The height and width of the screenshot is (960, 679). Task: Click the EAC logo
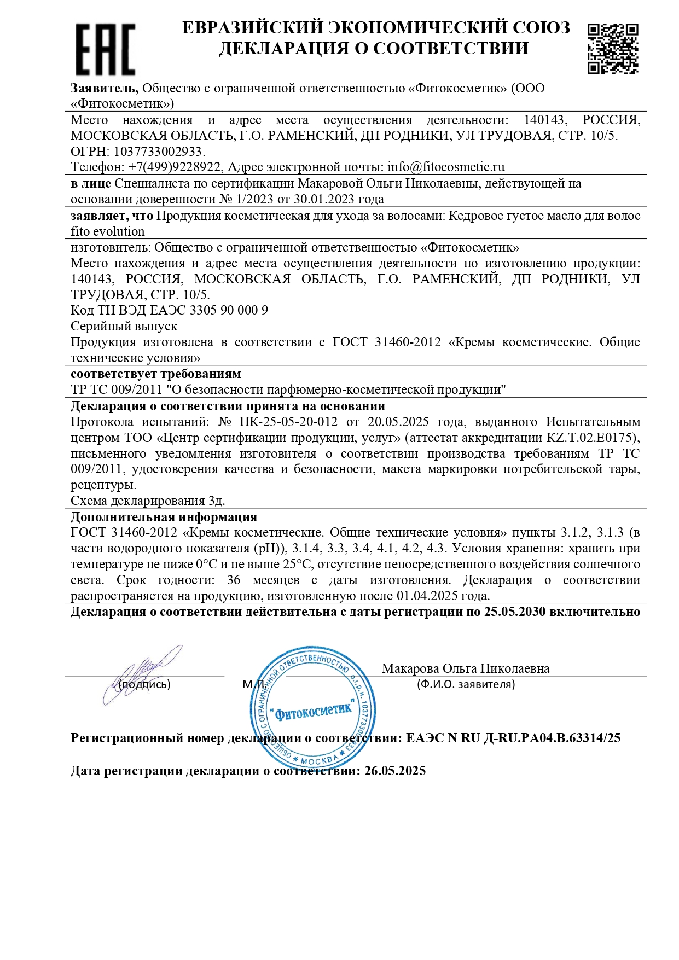(x=105, y=49)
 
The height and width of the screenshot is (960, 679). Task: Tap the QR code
(x=613, y=48)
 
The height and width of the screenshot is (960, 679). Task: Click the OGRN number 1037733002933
(x=158, y=152)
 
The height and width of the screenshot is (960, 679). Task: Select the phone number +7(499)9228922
(x=175, y=167)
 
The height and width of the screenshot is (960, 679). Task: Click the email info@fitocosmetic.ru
(x=446, y=167)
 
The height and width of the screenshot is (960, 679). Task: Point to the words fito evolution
(x=108, y=231)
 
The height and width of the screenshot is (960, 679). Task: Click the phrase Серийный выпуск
(x=124, y=327)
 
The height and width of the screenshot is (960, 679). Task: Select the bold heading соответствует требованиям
(x=156, y=374)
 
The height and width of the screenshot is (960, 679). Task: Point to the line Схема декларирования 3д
(x=148, y=501)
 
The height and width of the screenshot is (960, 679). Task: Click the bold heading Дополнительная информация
(x=164, y=517)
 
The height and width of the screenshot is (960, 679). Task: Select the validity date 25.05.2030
(x=514, y=612)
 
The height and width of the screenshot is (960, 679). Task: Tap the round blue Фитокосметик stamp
(x=312, y=709)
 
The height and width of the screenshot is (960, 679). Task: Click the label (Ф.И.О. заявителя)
(x=466, y=684)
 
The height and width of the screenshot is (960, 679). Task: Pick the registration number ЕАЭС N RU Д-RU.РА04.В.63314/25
(x=513, y=738)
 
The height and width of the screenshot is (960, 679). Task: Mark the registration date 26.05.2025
(x=395, y=771)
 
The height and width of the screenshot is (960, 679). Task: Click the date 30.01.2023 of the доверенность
(x=308, y=200)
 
